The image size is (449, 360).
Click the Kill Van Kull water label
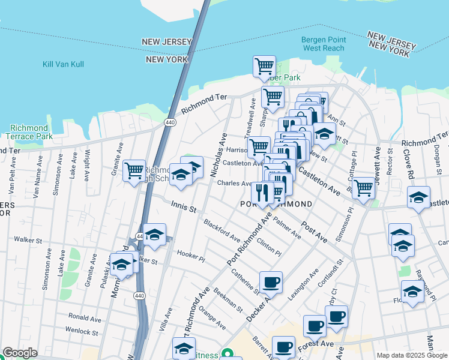pos(63,64)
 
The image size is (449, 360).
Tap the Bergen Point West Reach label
pos(323,44)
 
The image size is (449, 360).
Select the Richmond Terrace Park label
pos(29,133)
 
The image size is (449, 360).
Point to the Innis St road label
pos(184,208)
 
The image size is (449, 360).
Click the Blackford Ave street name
pos(221,230)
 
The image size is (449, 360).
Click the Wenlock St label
pos(82,331)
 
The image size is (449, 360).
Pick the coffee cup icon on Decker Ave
pos(271,282)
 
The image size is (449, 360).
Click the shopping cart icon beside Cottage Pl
pos(364,188)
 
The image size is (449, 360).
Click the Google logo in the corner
pos(20,353)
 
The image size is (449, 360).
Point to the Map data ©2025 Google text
pos(411,355)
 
